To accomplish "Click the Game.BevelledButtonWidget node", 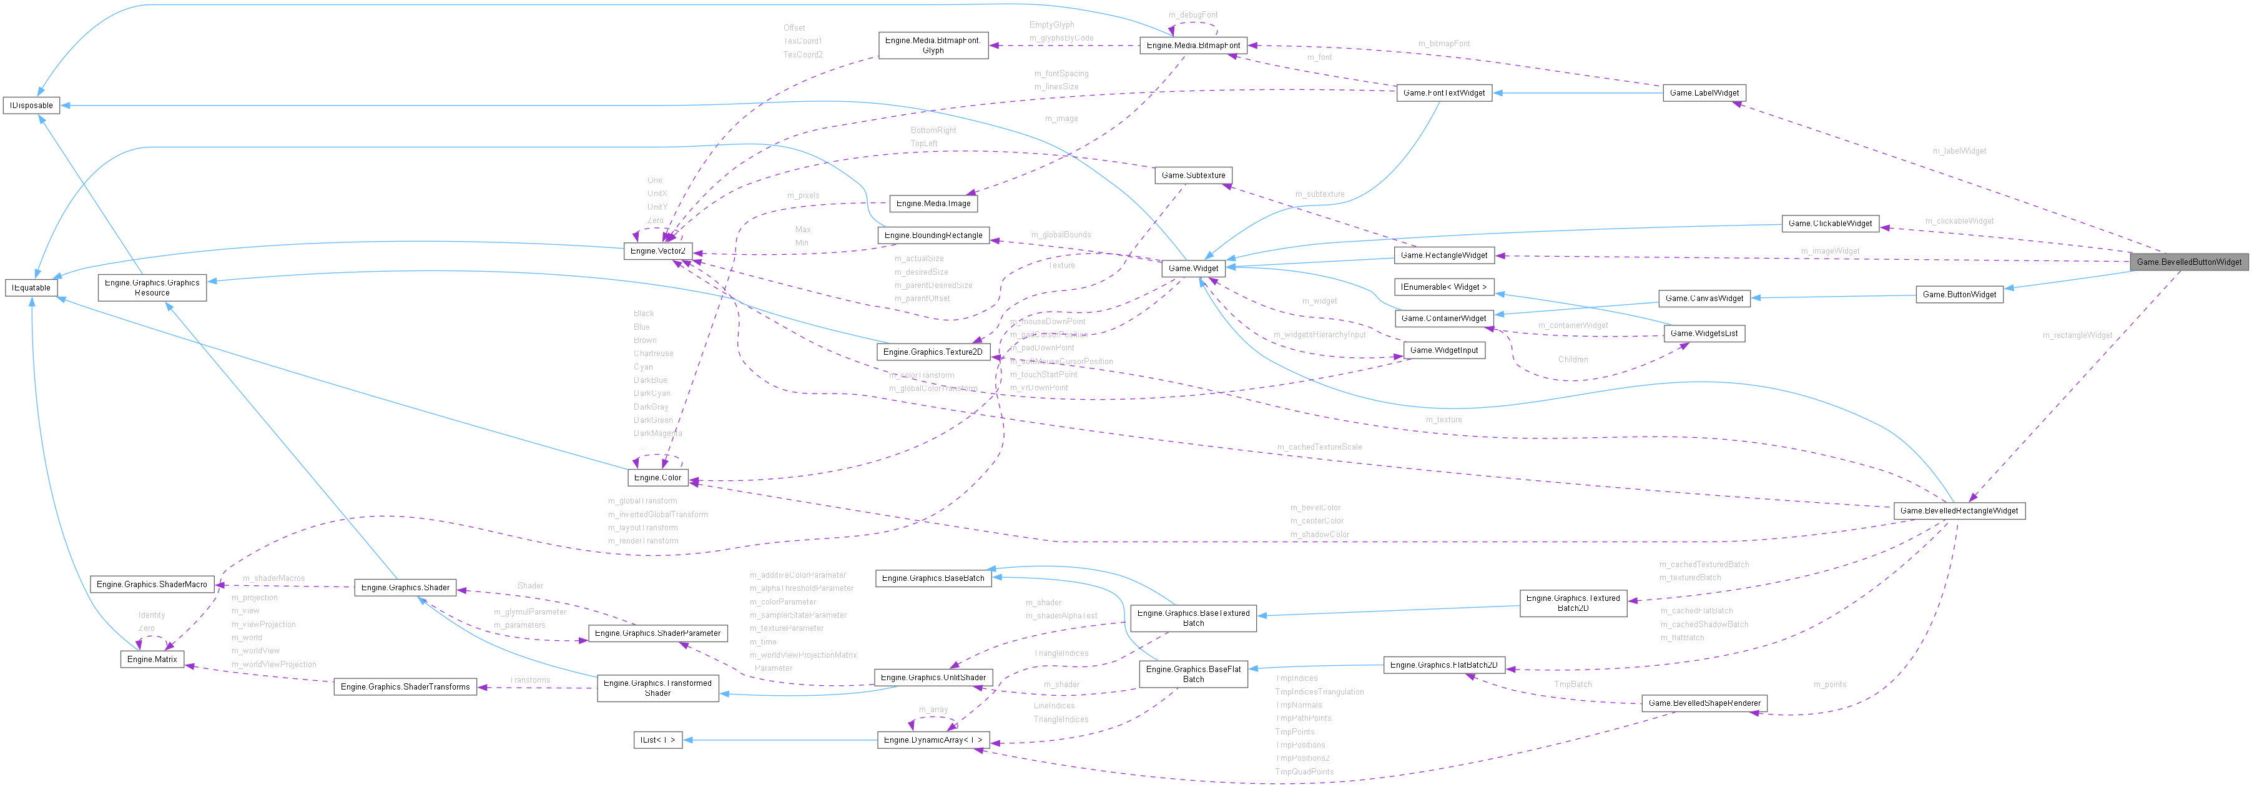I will [x=2188, y=262].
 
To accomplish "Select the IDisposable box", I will [x=31, y=106].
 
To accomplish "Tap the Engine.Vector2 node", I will [x=658, y=251].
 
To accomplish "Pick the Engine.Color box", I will [x=657, y=477].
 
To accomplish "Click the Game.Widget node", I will [x=1193, y=269].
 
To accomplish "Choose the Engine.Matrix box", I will [x=152, y=658].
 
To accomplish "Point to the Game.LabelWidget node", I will [x=1703, y=92].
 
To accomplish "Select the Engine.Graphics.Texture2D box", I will [x=932, y=352].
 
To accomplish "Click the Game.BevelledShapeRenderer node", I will [x=1703, y=703].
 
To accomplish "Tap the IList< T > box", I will [x=657, y=740].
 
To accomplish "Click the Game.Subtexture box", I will [x=1192, y=175].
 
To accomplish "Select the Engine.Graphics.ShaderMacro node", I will [x=152, y=584].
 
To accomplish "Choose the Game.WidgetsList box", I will [x=1703, y=333].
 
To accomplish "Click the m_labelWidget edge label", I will [x=1959, y=151].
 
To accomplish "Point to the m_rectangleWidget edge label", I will [x=2077, y=335].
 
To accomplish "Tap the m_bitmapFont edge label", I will [x=1443, y=44].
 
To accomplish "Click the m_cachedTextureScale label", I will [x=1319, y=447].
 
